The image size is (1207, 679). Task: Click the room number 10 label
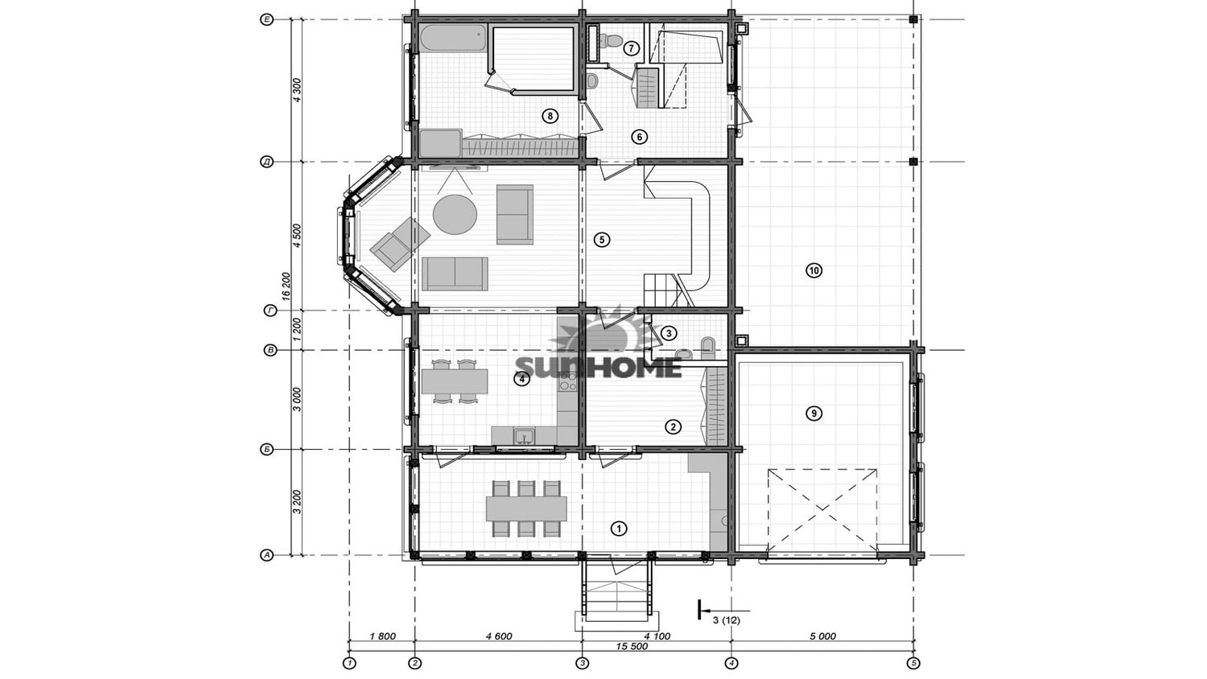coord(814,270)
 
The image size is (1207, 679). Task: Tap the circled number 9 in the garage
coord(814,414)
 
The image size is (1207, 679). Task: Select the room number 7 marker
coord(631,48)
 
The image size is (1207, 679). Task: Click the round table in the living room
coord(455,214)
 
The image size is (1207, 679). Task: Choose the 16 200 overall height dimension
coord(286,286)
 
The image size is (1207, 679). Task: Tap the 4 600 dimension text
coord(498,636)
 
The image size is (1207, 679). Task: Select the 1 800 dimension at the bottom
coord(382,636)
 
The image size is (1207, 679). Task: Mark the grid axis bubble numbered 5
coord(912,663)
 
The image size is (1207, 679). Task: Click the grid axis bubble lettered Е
coord(266,20)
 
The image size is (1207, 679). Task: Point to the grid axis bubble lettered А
coord(266,554)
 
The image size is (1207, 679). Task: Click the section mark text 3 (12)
coord(727,620)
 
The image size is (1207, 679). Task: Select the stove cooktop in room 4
coord(567,381)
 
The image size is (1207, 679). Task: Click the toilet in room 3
coord(707,347)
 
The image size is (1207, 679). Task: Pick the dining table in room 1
coord(526,508)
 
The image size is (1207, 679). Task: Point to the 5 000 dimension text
coord(822,636)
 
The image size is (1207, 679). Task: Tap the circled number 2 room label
coord(673,427)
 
